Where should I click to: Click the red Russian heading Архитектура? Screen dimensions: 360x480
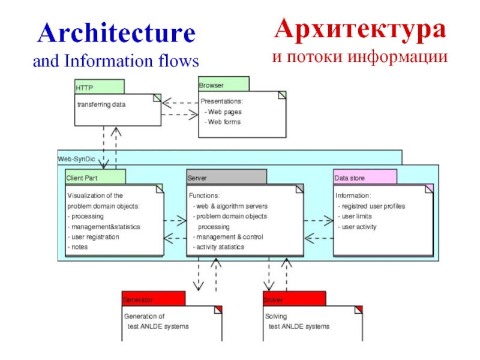pos(360,29)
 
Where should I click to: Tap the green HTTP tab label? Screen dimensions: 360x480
pos(99,88)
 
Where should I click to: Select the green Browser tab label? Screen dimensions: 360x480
pos(223,85)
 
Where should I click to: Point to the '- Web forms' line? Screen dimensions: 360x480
pos(222,122)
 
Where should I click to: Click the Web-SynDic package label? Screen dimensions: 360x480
pos(76,159)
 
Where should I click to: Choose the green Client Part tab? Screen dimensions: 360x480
pos(95,178)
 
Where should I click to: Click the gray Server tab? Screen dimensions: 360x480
pos(226,178)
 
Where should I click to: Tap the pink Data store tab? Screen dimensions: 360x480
pos(365,178)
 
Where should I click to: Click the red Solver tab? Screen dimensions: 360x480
pos(293,299)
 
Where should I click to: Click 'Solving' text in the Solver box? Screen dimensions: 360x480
pos(275,316)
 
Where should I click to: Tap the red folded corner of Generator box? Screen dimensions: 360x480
pos(218,309)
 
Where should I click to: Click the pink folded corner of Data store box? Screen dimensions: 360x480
pos(429,188)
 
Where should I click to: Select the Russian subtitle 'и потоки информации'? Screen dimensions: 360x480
pos(360,57)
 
